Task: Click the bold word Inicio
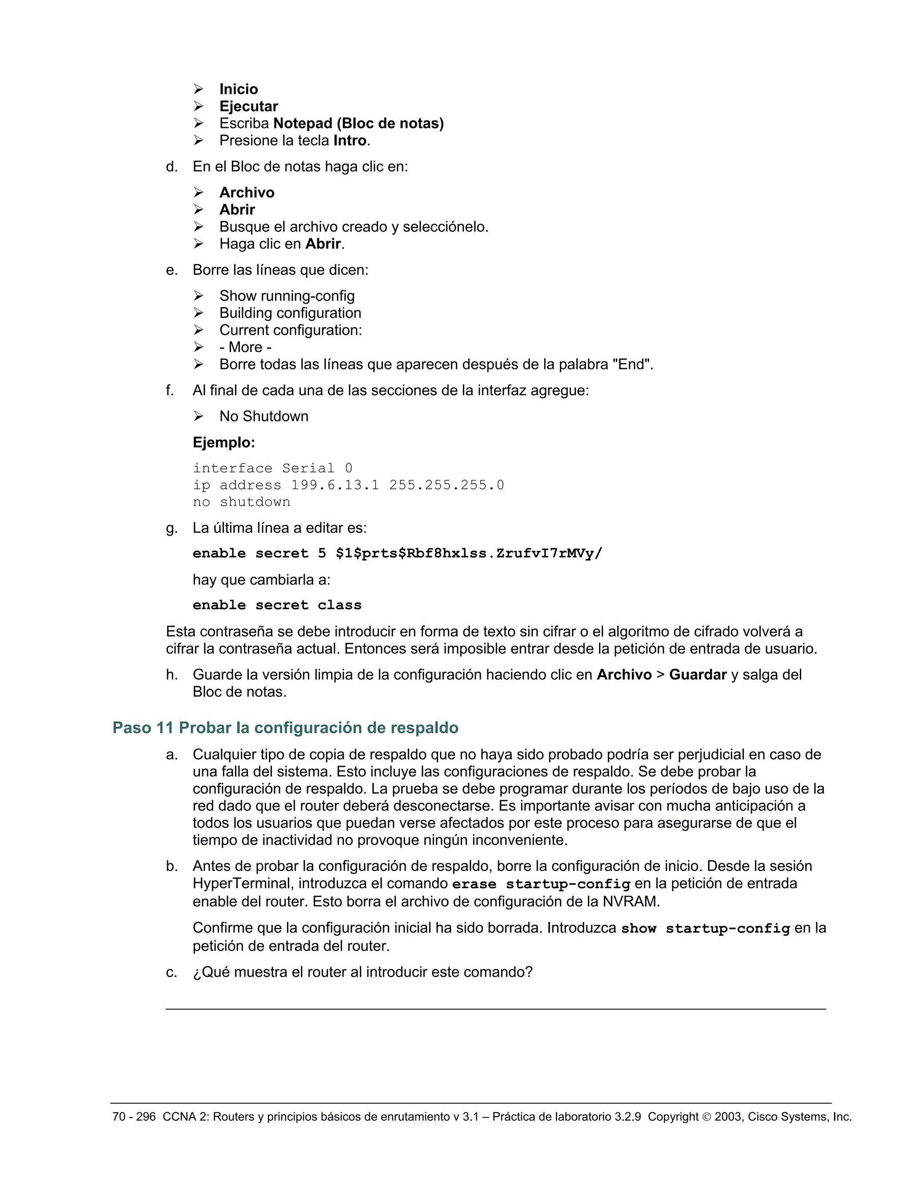click(238, 89)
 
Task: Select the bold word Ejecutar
click(248, 106)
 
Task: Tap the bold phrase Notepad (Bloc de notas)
click(359, 124)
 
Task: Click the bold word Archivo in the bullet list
click(247, 192)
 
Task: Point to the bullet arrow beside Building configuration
click(198, 313)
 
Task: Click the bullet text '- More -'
click(245, 347)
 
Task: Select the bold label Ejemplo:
click(224, 443)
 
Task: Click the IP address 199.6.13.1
click(335, 485)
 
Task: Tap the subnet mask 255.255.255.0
click(447, 485)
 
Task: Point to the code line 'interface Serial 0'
click(273, 468)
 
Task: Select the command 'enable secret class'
click(277, 605)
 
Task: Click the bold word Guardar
click(698, 675)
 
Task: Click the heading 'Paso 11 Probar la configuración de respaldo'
click(285, 728)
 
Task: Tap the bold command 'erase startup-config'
click(541, 885)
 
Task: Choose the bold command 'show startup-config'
click(705, 929)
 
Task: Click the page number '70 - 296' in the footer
click(134, 1117)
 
